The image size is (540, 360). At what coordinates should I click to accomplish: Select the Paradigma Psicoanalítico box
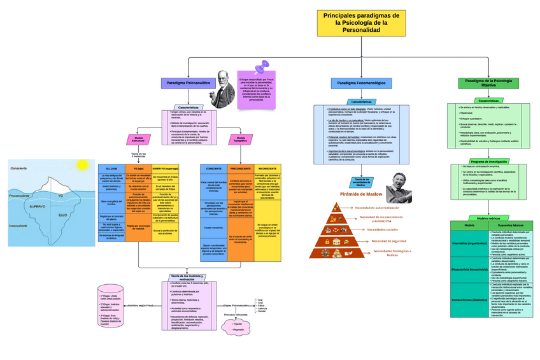pyautogui.click(x=188, y=83)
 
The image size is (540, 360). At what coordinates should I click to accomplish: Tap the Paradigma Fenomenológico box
pyautogui.click(x=361, y=83)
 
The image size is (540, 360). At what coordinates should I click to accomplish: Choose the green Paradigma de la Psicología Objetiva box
pyautogui.click(x=488, y=83)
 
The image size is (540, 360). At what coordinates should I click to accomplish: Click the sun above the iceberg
pyautogui.click(x=82, y=165)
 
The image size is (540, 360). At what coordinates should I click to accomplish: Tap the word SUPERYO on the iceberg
pyautogui.click(x=36, y=206)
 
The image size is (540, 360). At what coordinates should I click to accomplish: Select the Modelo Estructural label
pyautogui.click(x=138, y=138)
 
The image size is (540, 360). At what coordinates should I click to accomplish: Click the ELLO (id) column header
pyautogui.click(x=111, y=168)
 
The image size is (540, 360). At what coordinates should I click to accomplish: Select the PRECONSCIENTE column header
pyautogui.click(x=240, y=168)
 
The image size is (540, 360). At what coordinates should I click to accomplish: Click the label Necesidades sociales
pyautogui.click(x=383, y=229)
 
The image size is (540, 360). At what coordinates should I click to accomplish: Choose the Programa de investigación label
pyautogui.click(x=488, y=161)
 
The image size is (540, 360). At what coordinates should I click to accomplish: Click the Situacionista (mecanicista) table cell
pyautogui.click(x=469, y=270)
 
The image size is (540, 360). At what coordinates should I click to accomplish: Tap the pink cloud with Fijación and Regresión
pyautogui.click(x=237, y=326)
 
